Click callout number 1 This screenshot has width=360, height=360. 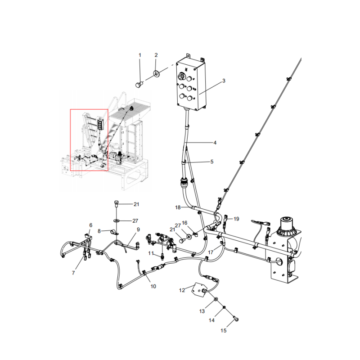[139, 55]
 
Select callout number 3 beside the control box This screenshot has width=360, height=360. [223, 81]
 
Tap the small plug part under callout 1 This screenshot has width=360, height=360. [139, 84]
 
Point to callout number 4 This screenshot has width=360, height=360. [215, 143]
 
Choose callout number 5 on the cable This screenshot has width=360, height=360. [212, 161]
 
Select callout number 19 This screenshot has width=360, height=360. [236, 219]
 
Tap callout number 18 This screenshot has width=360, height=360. [178, 207]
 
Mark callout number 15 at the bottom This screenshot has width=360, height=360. [224, 331]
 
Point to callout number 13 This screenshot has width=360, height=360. [202, 311]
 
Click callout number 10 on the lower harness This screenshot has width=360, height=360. [153, 286]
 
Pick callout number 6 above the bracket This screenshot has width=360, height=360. [90, 225]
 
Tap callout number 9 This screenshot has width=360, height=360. [139, 229]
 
